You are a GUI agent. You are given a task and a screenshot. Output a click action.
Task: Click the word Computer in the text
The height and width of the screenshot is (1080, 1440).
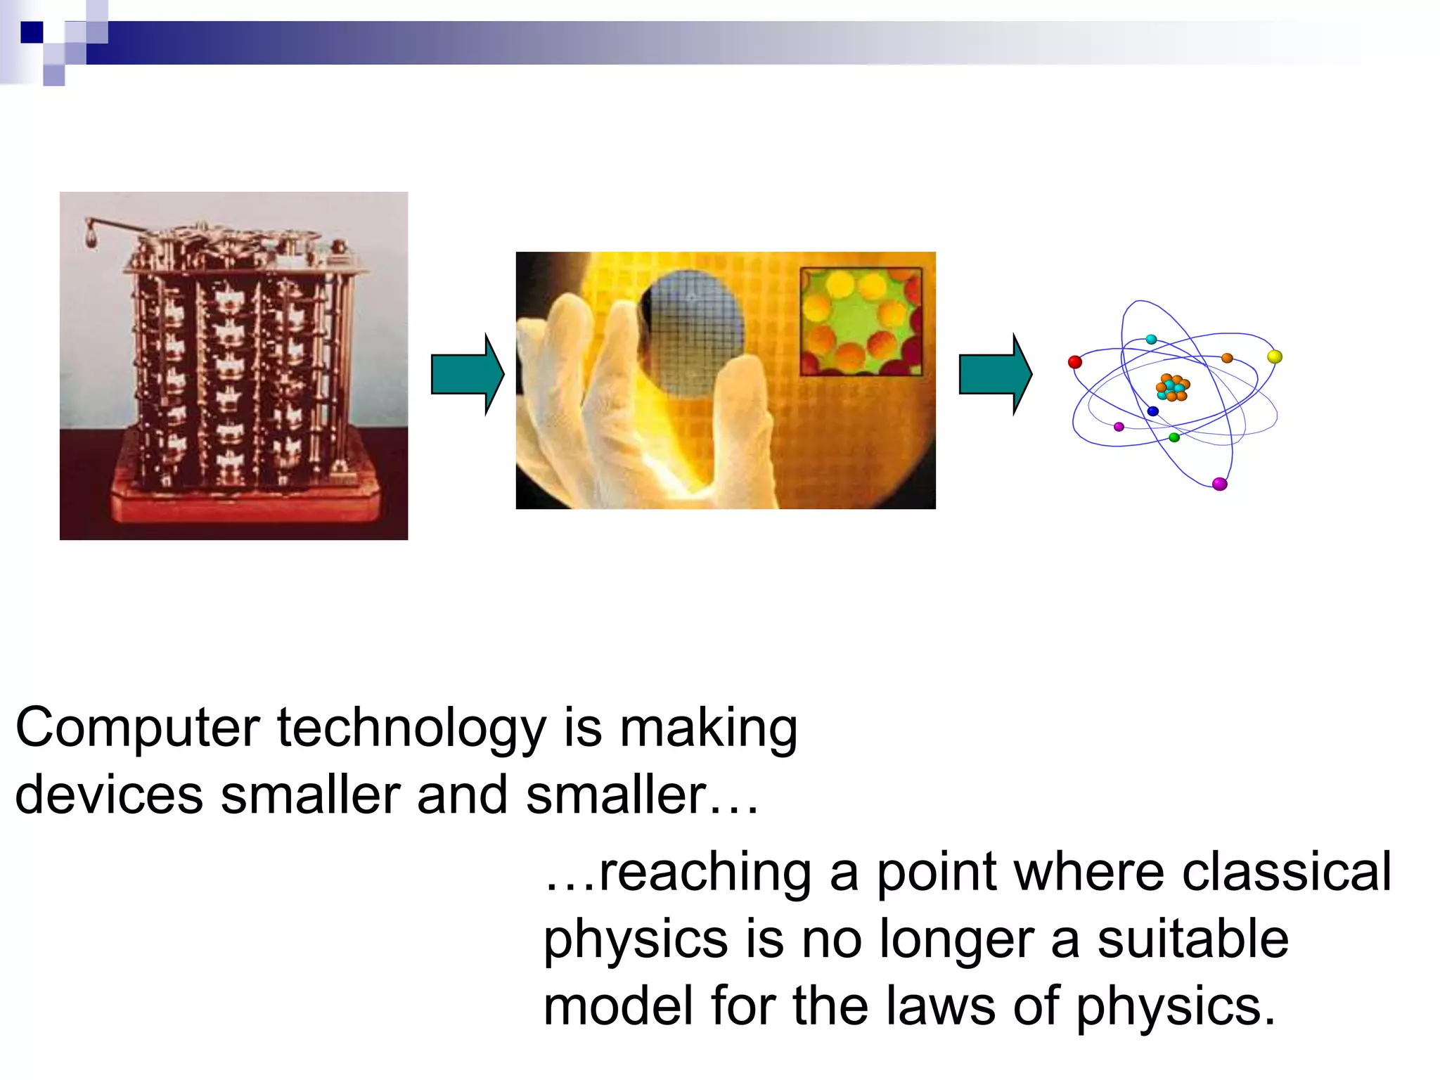(138, 728)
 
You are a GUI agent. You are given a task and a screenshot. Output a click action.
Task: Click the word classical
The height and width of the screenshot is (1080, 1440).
(1286, 873)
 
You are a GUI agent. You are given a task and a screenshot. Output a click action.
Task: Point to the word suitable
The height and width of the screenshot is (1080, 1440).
(1192, 939)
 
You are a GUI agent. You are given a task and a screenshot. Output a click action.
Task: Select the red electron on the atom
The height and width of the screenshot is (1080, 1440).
(1074, 362)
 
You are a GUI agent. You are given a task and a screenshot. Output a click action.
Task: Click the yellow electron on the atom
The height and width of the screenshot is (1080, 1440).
(1274, 356)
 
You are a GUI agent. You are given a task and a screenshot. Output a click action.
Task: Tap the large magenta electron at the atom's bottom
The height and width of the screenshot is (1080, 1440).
(1220, 484)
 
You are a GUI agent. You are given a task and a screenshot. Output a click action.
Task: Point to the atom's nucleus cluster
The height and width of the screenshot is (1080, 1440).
(1172, 387)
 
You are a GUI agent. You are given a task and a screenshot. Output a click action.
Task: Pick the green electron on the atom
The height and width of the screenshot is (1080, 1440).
(1174, 437)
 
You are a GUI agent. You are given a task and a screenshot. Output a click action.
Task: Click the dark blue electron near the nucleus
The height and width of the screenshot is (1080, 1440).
(1152, 411)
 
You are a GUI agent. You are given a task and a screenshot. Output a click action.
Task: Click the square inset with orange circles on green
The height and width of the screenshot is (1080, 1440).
(861, 321)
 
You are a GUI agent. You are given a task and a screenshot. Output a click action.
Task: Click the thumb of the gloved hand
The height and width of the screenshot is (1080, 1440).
(745, 422)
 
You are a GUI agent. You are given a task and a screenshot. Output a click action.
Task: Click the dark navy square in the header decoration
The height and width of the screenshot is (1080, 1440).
(32, 32)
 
